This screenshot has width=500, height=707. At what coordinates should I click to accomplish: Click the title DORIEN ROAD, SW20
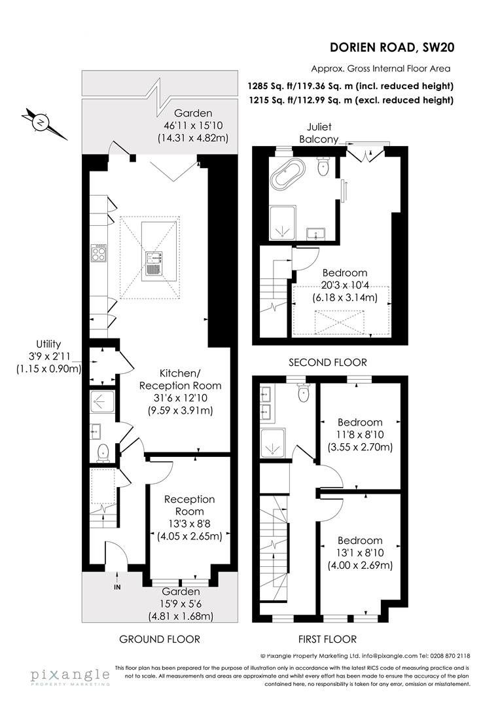(392, 46)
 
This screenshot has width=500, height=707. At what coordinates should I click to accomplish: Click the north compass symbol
(41, 122)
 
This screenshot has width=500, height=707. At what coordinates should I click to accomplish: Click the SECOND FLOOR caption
(327, 362)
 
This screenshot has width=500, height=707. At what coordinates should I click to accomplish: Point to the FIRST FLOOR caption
(327, 639)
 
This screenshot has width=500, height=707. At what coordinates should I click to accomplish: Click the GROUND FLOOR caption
(160, 639)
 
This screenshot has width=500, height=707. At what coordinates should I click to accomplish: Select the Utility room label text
(48, 356)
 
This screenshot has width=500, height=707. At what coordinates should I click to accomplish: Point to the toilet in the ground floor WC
(103, 452)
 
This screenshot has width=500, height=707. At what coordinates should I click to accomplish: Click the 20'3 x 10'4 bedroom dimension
(344, 285)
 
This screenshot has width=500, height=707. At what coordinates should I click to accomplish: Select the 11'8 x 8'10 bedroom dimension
(359, 435)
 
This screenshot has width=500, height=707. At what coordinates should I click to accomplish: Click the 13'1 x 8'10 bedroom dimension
(359, 553)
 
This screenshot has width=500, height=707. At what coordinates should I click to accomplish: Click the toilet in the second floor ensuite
(322, 168)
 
